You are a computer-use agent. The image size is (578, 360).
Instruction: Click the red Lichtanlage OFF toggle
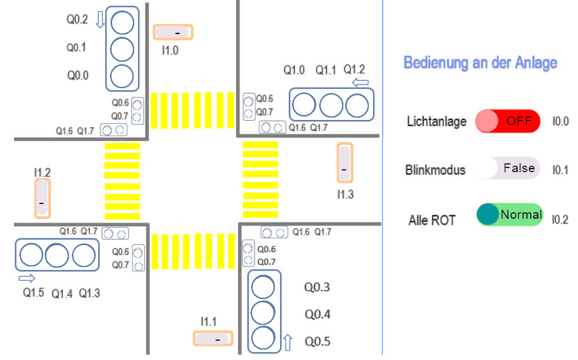tap(508, 121)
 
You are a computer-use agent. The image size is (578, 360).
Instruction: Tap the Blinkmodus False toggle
tap(508, 168)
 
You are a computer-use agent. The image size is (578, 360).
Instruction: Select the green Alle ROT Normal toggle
tap(509, 215)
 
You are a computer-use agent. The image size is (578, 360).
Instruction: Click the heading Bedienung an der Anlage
tap(480, 62)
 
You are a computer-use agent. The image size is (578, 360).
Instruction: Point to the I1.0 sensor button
tap(173, 32)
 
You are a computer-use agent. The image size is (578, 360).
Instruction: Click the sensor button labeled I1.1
tap(213, 340)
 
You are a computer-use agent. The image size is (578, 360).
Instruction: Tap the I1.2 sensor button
tap(42, 199)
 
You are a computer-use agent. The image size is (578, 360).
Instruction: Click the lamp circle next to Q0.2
tap(122, 22)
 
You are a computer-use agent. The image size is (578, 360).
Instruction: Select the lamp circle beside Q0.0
tap(122, 75)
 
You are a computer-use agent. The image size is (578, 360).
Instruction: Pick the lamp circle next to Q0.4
tap(264, 313)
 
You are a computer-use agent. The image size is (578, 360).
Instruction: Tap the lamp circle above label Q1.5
tap(30, 256)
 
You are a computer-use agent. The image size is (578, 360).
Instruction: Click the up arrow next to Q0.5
tap(287, 343)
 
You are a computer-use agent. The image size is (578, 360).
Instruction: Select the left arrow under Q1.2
tap(361, 83)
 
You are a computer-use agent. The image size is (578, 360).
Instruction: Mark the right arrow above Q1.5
tap(27, 278)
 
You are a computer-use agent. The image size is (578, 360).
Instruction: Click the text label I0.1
tap(560, 170)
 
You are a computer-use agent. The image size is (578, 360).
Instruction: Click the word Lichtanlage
tap(437, 121)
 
